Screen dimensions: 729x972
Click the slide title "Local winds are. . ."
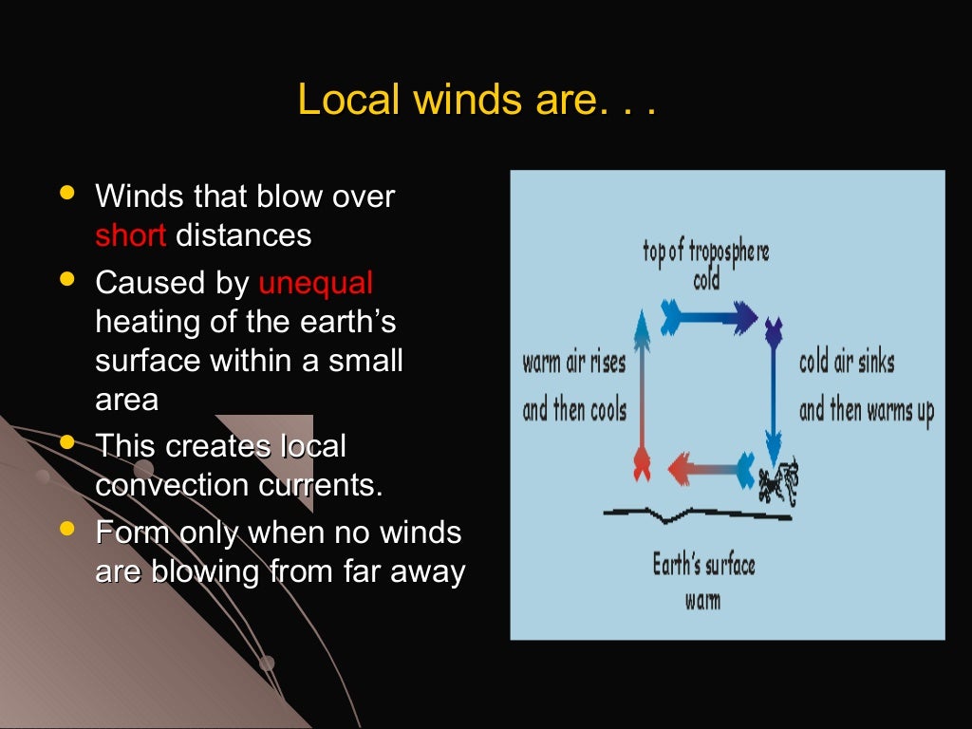477,99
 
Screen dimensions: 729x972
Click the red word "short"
130,234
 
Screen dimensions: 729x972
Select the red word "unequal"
316,283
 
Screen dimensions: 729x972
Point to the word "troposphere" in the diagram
729,252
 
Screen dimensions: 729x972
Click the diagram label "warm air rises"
574,363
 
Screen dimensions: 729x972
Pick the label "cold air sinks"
847,363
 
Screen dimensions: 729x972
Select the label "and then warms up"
867,411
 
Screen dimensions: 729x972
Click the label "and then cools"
574,411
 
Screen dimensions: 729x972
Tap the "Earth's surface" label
703,566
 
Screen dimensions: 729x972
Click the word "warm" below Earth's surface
702,600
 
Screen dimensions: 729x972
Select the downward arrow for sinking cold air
774,389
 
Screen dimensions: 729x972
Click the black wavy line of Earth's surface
698,515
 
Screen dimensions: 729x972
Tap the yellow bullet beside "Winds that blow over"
65,193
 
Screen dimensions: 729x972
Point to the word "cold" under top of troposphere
706,281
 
